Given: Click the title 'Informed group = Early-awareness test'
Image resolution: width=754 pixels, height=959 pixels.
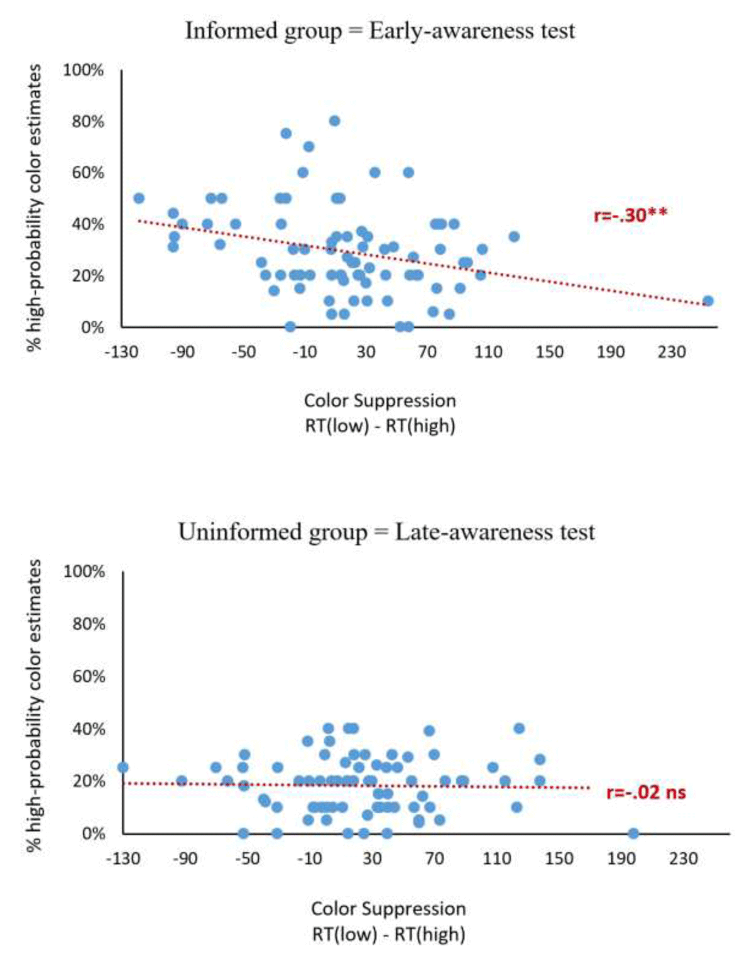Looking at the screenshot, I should (x=380, y=31).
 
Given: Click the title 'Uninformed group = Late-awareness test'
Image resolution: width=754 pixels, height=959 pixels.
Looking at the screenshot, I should (x=386, y=532).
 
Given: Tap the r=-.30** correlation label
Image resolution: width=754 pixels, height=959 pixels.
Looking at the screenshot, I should (x=630, y=216).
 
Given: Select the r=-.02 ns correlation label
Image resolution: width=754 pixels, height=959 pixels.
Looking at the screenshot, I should (x=646, y=792).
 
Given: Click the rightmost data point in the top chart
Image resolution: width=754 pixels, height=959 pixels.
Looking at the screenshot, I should (x=708, y=301).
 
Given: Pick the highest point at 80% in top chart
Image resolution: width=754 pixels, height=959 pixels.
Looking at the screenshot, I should (x=335, y=121).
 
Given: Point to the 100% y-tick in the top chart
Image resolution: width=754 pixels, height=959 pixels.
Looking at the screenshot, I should (x=84, y=70).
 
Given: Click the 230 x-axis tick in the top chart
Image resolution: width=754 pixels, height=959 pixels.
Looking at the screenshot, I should (x=672, y=352).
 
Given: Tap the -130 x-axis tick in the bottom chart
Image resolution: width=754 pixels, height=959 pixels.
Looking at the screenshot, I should (x=123, y=858).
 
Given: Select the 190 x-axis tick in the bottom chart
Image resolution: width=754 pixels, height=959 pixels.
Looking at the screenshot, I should (x=621, y=858).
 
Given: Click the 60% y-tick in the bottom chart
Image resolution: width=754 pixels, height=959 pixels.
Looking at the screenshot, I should (x=88, y=676).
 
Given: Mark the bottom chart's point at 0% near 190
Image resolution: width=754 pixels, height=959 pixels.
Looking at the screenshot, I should (x=633, y=833).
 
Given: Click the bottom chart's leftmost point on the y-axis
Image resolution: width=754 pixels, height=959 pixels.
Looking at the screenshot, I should (x=123, y=767).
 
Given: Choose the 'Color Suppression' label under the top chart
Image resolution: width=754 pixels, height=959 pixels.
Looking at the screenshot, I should (x=380, y=400).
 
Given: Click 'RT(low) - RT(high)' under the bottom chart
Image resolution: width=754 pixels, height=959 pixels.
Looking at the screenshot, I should (x=388, y=934).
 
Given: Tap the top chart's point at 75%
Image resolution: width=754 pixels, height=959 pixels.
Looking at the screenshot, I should (x=286, y=133).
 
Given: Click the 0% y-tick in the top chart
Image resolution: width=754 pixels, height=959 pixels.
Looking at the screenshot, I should (x=92, y=327).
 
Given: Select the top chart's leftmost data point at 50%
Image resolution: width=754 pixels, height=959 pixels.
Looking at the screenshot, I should (x=139, y=199).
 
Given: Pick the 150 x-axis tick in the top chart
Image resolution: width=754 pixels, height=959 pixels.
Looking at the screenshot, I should (x=549, y=352).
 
